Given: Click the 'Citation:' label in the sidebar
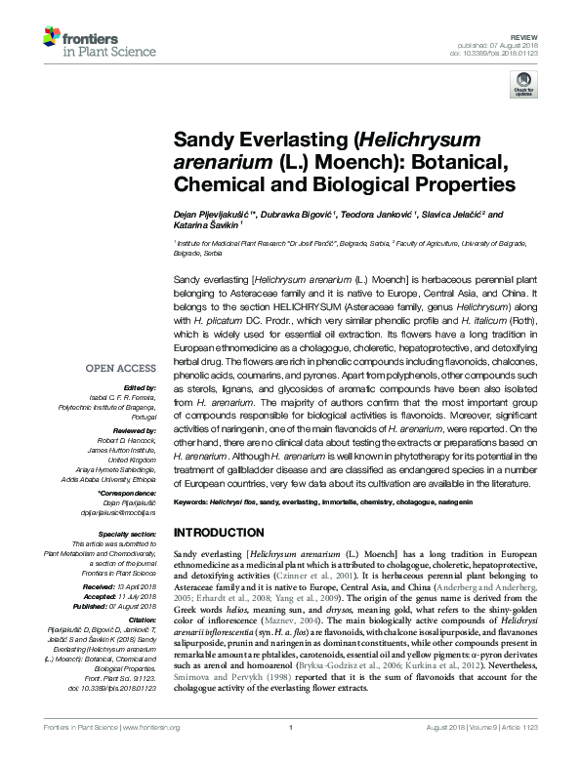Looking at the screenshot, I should pyautogui.click(x=143, y=621).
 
